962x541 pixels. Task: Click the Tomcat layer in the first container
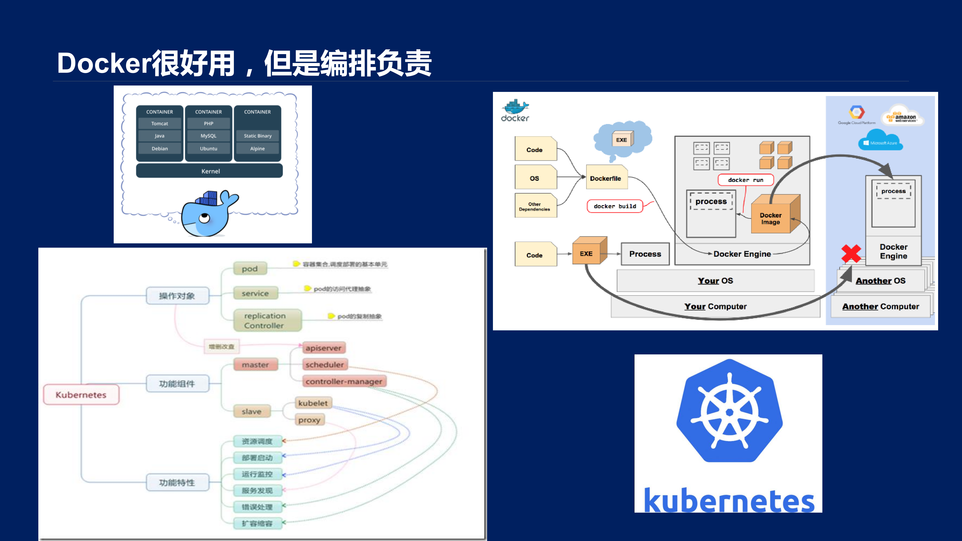(160, 123)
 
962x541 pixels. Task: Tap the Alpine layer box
(257, 148)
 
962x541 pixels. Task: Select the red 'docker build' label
(615, 206)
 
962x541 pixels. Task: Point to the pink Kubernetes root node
(81, 395)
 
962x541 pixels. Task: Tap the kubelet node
(313, 403)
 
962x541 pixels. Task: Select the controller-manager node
(344, 381)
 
